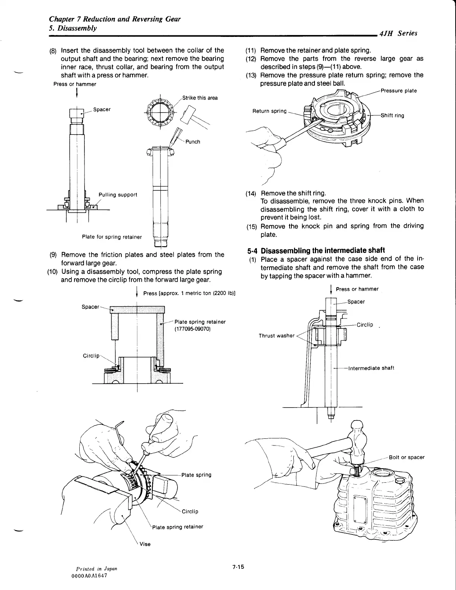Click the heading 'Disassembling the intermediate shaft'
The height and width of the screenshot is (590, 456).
click(323, 250)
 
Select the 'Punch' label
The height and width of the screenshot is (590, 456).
click(193, 142)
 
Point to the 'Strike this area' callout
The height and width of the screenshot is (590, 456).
click(200, 98)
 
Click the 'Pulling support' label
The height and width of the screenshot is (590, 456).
click(118, 195)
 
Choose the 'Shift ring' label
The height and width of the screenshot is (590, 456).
click(392, 115)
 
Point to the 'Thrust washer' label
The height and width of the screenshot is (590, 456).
click(277, 336)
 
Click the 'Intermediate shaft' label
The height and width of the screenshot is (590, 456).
click(371, 368)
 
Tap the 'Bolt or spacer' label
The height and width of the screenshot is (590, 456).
click(406, 457)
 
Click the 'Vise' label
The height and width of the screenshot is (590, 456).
click(145, 544)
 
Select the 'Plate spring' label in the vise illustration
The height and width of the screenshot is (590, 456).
click(196, 475)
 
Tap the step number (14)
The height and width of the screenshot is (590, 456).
click(251, 194)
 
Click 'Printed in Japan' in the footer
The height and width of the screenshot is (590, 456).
click(96, 569)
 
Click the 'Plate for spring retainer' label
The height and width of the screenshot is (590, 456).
click(112, 237)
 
